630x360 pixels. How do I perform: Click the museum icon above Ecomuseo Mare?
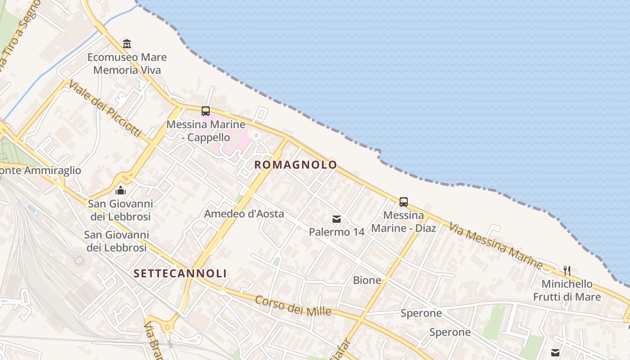point(127,44)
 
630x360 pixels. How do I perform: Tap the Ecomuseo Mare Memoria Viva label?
point(127,63)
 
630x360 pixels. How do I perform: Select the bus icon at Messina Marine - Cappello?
point(206,111)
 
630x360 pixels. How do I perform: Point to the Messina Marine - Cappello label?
point(206,130)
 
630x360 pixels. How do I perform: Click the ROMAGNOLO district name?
point(296,165)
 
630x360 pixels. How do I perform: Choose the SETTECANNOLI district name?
point(180,273)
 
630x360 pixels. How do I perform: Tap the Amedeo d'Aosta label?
point(244,214)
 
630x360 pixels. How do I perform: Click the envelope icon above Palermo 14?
point(337,219)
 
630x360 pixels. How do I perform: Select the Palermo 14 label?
point(337,232)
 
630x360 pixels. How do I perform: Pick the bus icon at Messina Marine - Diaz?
point(404,202)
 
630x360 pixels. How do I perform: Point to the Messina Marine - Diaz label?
point(404,222)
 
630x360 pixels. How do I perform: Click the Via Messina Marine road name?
point(495,245)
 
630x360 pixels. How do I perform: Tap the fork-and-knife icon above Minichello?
point(567,270)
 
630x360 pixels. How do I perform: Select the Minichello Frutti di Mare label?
point(567,290)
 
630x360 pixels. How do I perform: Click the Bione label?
point(367,280)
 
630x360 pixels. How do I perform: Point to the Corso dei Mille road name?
point(293,306)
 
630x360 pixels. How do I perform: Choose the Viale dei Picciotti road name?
point(105,109)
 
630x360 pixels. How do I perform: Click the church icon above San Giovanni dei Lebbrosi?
point(120,190)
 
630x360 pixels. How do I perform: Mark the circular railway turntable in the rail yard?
point(79,260)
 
